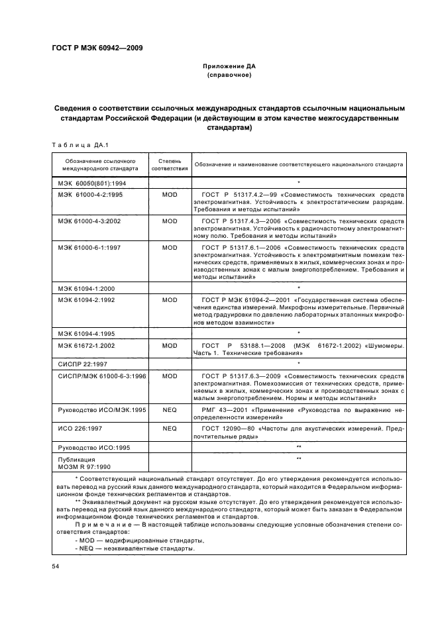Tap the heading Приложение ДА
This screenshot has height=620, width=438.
point(227,68)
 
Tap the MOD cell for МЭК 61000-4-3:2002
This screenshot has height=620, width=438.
point(170,221)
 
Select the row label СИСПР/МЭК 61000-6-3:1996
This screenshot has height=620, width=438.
point(97,376)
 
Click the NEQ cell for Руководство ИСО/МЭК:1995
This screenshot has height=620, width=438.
point(170,411)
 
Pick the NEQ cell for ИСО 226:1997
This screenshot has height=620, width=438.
point(170,429)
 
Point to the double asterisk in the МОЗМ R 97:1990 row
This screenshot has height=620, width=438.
point(300,458)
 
